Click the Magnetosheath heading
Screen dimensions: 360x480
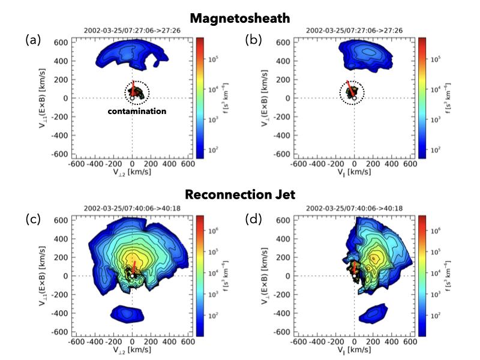239,19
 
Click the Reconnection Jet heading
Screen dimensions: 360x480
239,194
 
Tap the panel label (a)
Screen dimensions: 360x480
34,40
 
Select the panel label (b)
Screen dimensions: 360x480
255,40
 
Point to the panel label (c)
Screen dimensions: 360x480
34,218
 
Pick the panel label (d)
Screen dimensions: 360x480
255,218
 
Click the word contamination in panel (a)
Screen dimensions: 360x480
137,111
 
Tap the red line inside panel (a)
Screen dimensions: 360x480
133,83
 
